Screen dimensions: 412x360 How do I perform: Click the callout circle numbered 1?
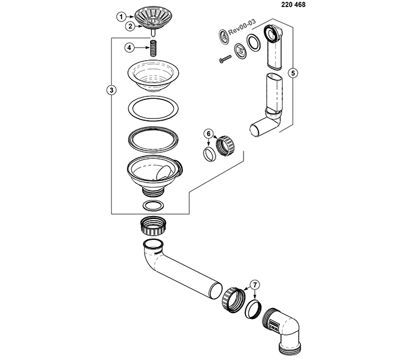point(121,17)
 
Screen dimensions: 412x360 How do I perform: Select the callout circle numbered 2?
point(130,26)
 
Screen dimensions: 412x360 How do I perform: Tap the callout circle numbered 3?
point(111,90)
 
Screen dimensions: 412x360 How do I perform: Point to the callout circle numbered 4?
point(129,48)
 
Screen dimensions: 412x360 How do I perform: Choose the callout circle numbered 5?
point(293,73)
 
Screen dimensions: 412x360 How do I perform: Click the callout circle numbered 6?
point(208,134)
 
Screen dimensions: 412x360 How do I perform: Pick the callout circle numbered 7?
point(255,284)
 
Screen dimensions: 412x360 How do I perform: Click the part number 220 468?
point(294,5)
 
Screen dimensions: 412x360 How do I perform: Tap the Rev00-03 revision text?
point(242,27)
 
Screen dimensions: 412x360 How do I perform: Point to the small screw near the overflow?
point(225,58)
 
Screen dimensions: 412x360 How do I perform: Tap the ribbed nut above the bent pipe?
point(153,226)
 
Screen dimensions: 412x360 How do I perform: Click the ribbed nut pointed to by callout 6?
point(226,146)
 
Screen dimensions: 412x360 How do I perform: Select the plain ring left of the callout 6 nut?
point(210,155)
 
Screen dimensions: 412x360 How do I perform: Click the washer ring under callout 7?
point(253,309)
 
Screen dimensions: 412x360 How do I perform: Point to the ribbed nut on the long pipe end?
point(233,300)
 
